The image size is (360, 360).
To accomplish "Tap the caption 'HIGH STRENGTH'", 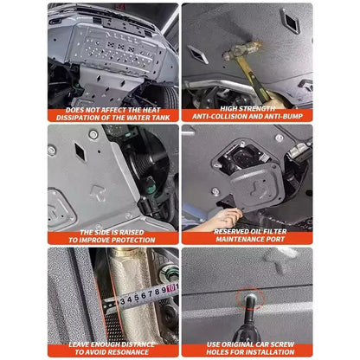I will point(247,108).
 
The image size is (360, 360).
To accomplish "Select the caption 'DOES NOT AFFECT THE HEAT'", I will point(112,109).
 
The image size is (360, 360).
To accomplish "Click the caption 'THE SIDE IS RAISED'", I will point(113,232).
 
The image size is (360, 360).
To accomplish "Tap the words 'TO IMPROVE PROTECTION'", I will point(113,240).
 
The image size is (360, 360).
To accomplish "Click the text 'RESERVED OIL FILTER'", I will point(247,232).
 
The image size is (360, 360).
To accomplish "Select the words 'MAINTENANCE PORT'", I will point(247,240).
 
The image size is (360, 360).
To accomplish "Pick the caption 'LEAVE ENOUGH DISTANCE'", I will point(113,344).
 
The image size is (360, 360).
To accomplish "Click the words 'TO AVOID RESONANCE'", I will point(113,352).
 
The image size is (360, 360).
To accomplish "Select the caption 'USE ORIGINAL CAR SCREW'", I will point(247,344).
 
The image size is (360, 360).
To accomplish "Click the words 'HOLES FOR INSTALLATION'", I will point(247,352).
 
